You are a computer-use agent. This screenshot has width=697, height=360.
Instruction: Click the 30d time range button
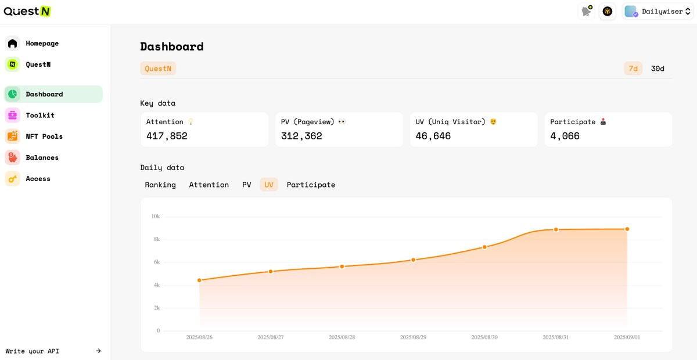658,69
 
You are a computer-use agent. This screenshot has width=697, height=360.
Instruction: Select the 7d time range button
633,69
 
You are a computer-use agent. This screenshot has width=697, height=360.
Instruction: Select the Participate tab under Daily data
311,185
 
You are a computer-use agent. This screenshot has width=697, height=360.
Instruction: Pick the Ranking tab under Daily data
160,185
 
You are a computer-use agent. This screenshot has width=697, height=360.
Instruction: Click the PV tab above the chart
246,185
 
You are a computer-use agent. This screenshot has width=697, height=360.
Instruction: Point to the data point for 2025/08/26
199,280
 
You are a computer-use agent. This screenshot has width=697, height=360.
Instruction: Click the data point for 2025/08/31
556,229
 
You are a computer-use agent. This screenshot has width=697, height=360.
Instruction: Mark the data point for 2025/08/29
413,260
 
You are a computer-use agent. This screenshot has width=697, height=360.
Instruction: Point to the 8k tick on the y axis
156,239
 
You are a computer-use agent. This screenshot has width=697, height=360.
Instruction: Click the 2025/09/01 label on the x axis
627,337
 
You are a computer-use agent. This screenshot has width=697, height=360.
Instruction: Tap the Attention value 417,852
167,136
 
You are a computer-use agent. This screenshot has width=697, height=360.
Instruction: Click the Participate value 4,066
565,136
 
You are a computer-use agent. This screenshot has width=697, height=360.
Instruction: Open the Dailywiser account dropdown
658,12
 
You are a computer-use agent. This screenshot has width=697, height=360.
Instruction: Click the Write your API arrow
98,351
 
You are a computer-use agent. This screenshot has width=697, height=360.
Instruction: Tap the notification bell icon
587,12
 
